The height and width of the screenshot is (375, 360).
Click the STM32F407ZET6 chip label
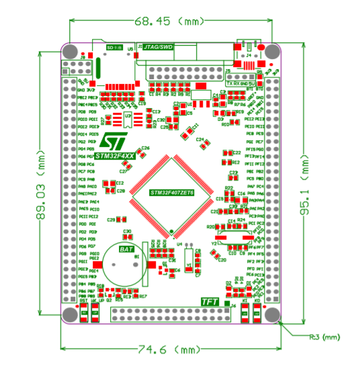(171, 193)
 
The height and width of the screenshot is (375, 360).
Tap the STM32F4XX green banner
(115, 155)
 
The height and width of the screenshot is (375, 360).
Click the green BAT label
(126, 249)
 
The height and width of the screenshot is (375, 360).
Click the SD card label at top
(116, 48)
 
